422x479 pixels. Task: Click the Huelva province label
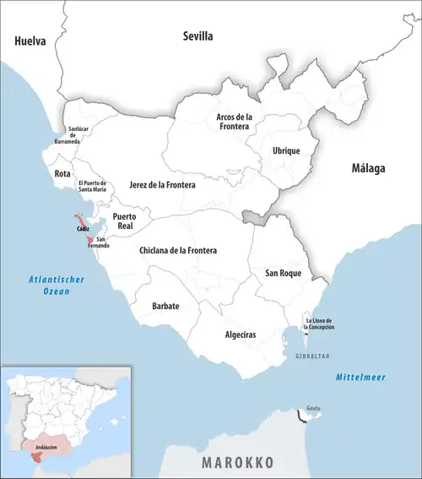coord(30,41)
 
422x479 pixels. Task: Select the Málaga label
coord(368,169)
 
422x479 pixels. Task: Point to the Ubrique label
coord(286,150)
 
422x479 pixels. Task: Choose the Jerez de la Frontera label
coord(162,184)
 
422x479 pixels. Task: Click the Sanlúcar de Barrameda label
coord(82,135)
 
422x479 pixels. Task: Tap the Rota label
coord(62,173)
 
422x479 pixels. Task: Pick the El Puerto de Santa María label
coord(91,187)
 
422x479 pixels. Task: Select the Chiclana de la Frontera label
coord(177,251)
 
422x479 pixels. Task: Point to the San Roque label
coord(283,273)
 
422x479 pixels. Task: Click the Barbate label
coord(165,306)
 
